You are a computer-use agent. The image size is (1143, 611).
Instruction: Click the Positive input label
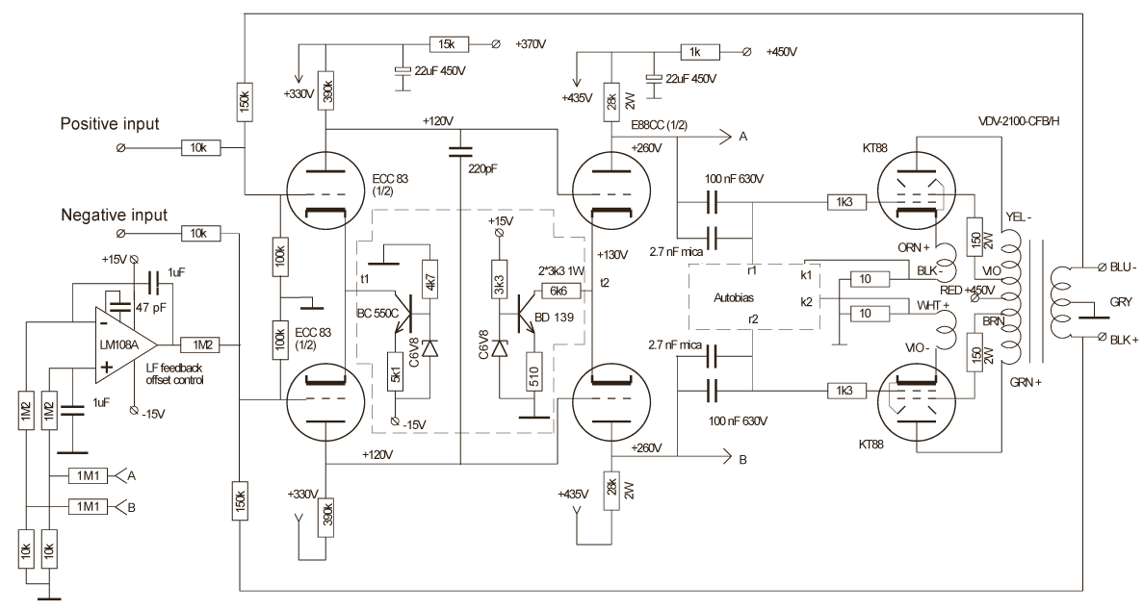[x=111, y=124]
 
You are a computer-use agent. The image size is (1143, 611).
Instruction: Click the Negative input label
[x=116, y=215]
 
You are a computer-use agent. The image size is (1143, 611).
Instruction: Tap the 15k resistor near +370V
[x=448, y=44]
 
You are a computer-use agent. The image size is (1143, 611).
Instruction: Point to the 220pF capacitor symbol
[x=461, y=150]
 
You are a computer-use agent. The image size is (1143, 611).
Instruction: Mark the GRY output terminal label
[x=1120, y=301]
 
